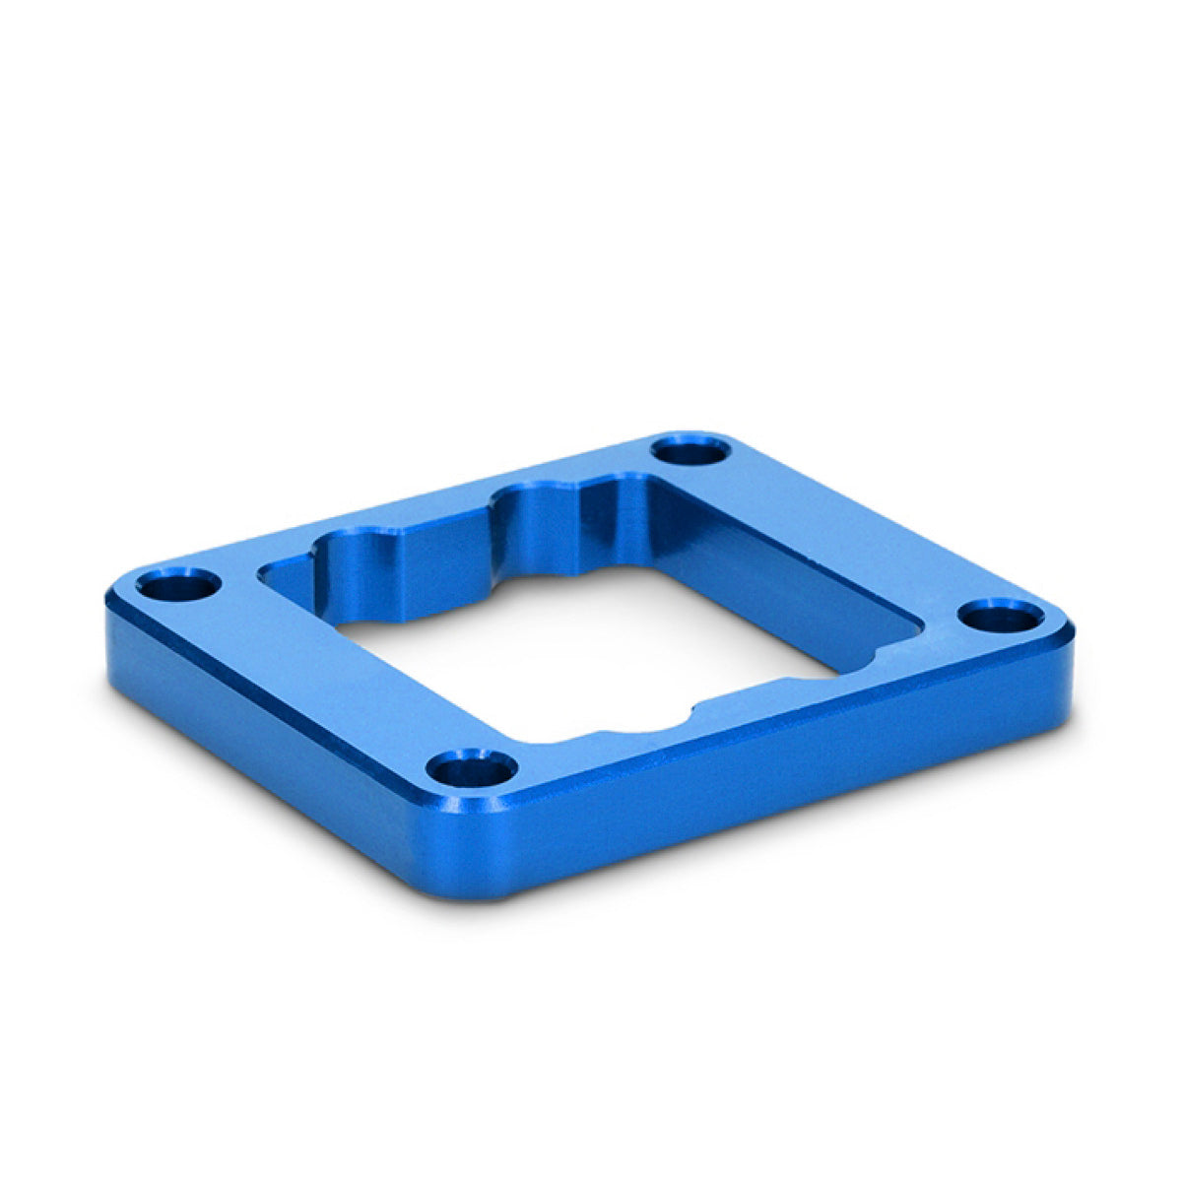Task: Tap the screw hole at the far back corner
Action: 692,452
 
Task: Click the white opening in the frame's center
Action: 591,650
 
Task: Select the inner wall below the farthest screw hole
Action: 689,532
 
